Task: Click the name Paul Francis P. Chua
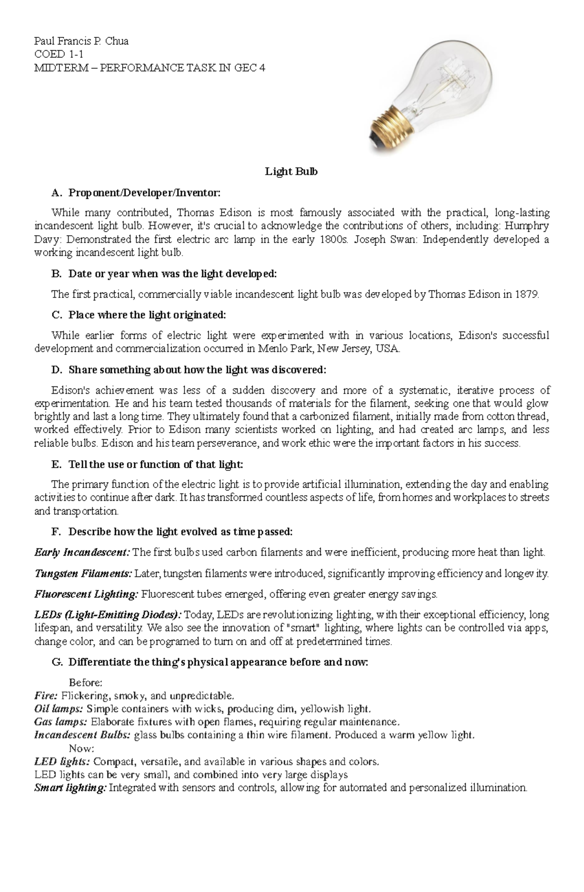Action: coord(81,41)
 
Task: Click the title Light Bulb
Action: coord(291,172)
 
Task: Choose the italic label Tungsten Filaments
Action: coord(83,574)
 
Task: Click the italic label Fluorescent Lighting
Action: coord(87,594)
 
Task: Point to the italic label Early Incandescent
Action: coord(82,553)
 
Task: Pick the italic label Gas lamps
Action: coord(61,722)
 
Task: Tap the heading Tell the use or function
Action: coord(155,465)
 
